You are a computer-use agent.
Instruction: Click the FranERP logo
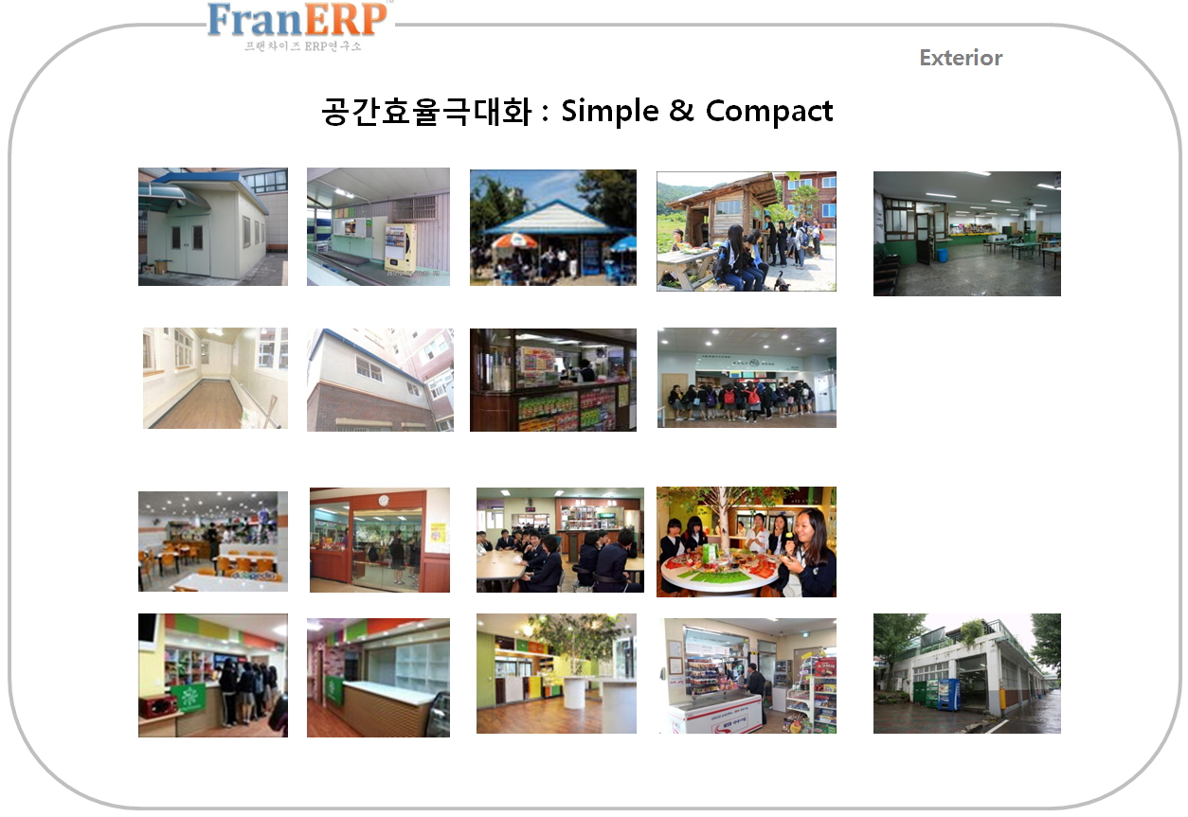(x=297, y=26)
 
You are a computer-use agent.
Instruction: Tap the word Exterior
(x=961, y=58)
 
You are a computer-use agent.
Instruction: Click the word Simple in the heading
(x=610, y=112)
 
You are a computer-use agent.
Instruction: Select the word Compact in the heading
(x=769, y=112)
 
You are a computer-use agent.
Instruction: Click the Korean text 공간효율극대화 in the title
(x=427, y=112)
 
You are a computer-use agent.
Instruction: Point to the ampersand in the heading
(x=681, y=110)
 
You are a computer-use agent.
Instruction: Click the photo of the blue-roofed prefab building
(x=213, y=227)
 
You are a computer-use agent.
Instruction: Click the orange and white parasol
(x=514, y=241)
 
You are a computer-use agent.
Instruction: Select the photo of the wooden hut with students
(x=747, y=231)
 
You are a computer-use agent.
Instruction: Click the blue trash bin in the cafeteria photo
(x=943, y=255)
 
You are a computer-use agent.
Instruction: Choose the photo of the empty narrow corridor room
(x=215, y=378)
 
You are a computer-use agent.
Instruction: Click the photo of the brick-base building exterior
(x=380, y=380)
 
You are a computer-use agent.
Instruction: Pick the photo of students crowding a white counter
(x=747, y=377)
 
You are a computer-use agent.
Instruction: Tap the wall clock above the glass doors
(x=384, y=500)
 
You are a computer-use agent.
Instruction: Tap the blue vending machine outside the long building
(x=949, y=694)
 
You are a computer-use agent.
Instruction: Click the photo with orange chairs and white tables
(x=213, y=541)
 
